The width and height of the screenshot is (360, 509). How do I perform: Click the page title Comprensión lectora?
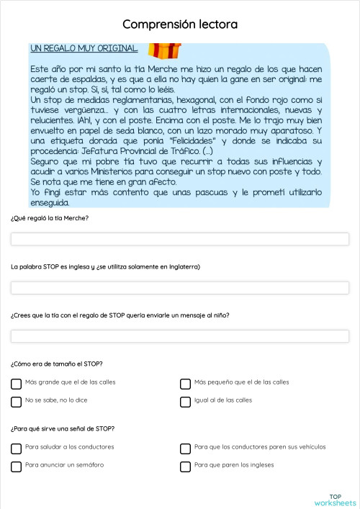180,24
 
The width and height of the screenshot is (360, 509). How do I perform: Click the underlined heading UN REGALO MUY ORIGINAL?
84,48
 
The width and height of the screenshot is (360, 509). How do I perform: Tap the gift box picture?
164,49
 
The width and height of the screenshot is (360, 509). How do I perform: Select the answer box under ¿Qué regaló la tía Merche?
180,239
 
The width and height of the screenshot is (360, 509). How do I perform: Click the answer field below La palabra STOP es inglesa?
180,288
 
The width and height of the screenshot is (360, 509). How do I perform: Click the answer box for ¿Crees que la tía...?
180,336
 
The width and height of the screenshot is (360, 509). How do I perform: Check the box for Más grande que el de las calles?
17,384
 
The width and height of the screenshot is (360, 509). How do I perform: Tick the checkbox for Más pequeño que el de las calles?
186,384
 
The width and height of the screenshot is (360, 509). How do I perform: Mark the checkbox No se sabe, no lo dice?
17,402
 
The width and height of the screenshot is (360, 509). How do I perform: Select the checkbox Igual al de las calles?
186,402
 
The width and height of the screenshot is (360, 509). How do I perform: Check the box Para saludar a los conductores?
17,449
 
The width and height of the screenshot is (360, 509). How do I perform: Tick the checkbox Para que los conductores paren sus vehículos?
186,449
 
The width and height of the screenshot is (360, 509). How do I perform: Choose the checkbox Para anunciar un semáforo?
17,467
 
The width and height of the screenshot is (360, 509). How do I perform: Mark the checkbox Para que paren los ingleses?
186,467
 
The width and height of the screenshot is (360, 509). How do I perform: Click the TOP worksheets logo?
335,500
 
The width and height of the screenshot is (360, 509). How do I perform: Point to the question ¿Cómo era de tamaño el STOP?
56,364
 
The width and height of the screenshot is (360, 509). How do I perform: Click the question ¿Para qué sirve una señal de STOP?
63,429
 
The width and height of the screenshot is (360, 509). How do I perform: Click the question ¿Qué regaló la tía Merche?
50,218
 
